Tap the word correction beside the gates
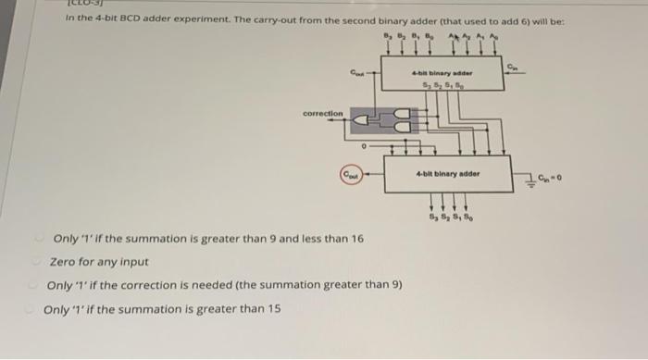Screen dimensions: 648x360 (x=323, y=114)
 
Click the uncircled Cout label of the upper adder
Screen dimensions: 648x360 (x=355, y=67)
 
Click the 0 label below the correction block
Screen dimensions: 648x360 (x=365, y=145)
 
